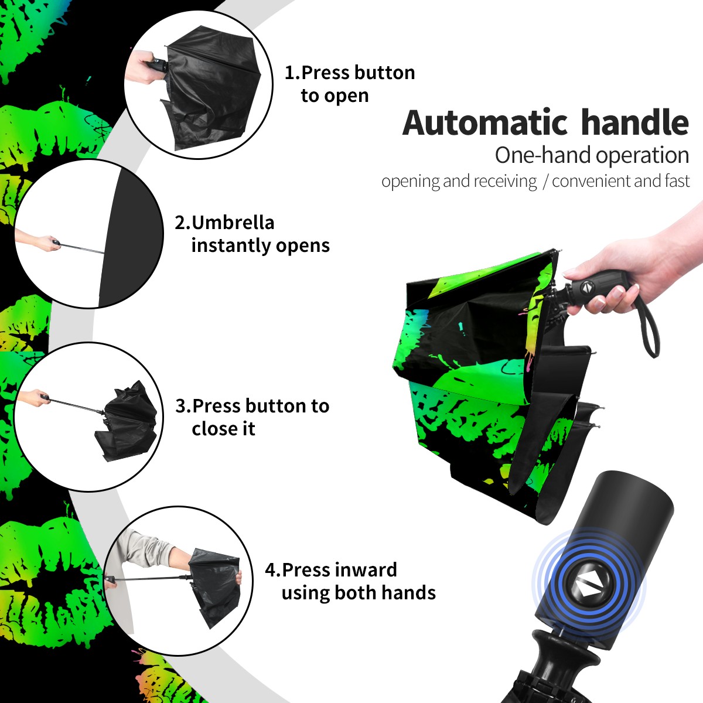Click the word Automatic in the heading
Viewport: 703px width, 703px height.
tap(485, 123)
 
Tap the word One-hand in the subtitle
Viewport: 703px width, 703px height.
tap(544, 155)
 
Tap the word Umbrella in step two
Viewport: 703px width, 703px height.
tap(233, 223)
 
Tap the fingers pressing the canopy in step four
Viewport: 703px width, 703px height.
tap(239, 578)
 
